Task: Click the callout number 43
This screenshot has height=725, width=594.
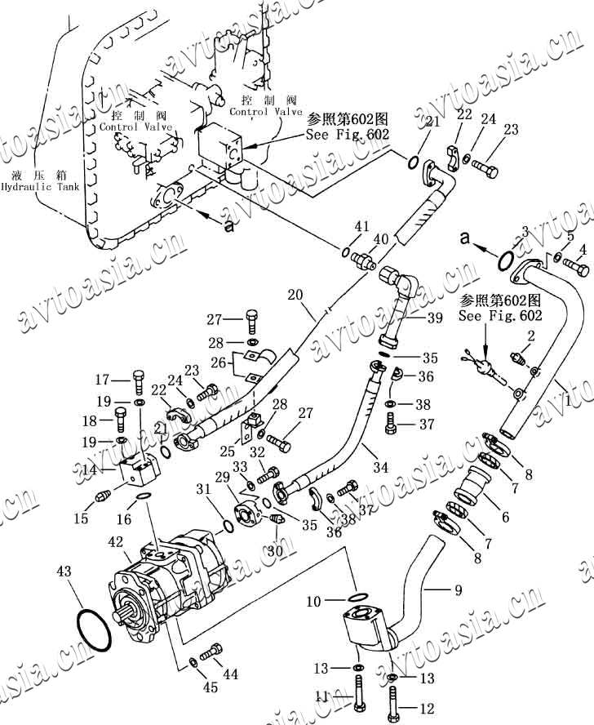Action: (x=64, y=572)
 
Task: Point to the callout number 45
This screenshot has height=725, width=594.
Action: (x=210, y=687)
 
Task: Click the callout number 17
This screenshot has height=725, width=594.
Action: (x=102, y=379)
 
